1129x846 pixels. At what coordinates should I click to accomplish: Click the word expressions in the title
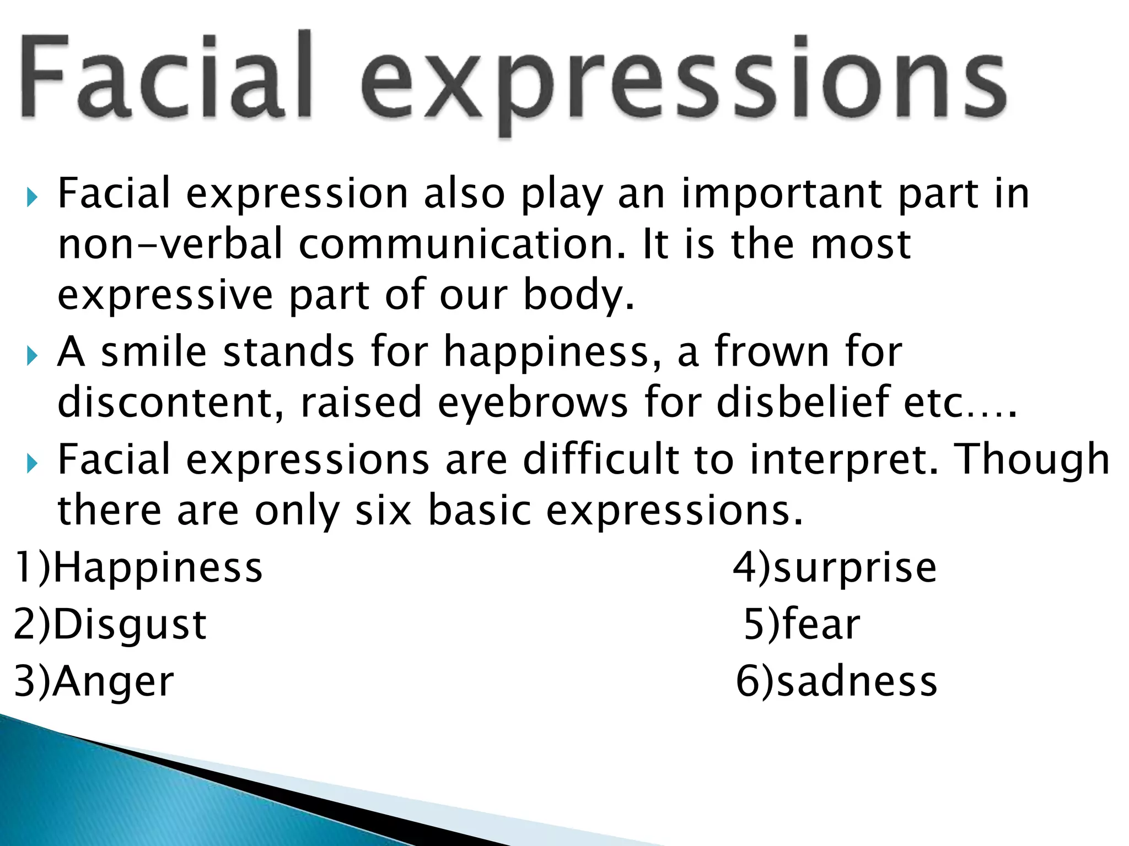684,83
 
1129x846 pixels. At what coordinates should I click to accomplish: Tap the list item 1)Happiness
138,568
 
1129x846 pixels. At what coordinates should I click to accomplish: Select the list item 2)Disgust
110,625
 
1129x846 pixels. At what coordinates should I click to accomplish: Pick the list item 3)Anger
94,681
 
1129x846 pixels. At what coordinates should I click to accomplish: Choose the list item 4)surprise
835,568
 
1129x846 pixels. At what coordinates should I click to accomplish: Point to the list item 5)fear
802,625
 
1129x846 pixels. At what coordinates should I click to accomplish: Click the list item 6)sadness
837,681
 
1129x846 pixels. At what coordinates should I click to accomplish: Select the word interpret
843,460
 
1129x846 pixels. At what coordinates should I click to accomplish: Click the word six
384,511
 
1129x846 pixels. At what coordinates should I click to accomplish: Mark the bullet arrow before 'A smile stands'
33,356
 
